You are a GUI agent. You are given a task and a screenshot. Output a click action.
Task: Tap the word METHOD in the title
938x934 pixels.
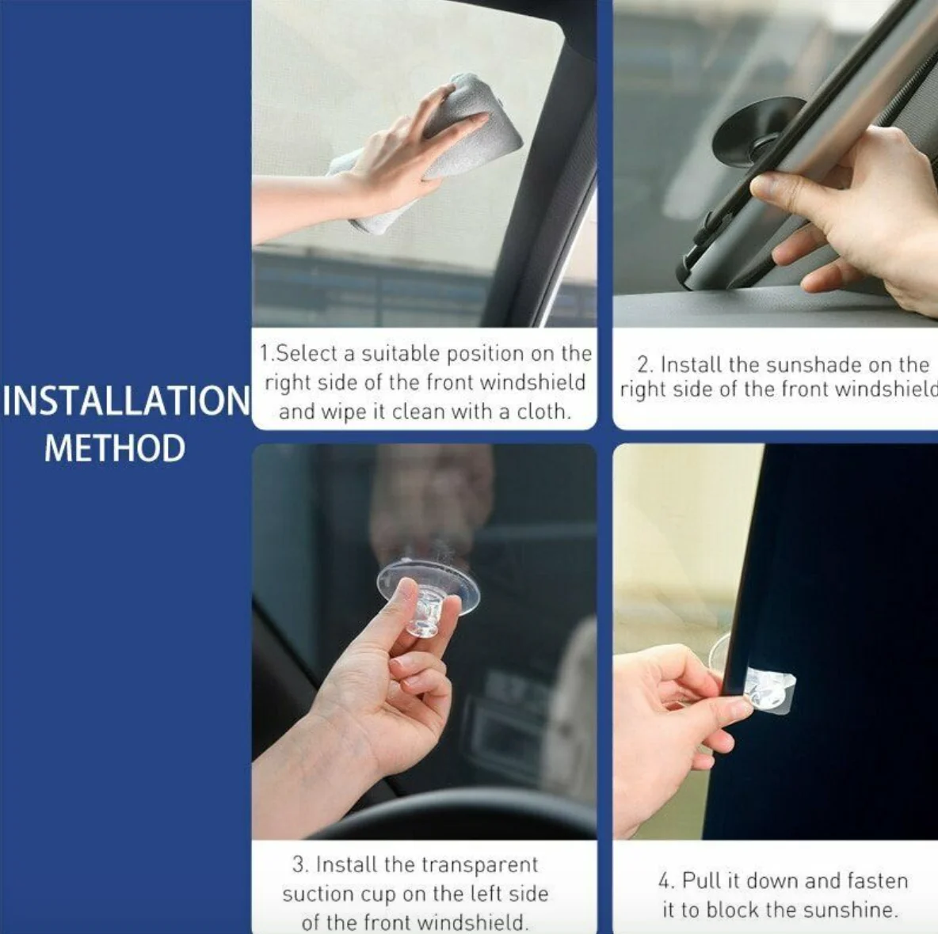point(115,448)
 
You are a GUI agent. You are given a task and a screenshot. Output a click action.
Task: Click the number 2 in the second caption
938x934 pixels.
point(644,365)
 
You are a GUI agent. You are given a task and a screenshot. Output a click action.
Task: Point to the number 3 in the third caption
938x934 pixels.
point(297,864)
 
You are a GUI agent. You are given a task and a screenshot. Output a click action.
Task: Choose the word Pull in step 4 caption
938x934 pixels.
point(700,881)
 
